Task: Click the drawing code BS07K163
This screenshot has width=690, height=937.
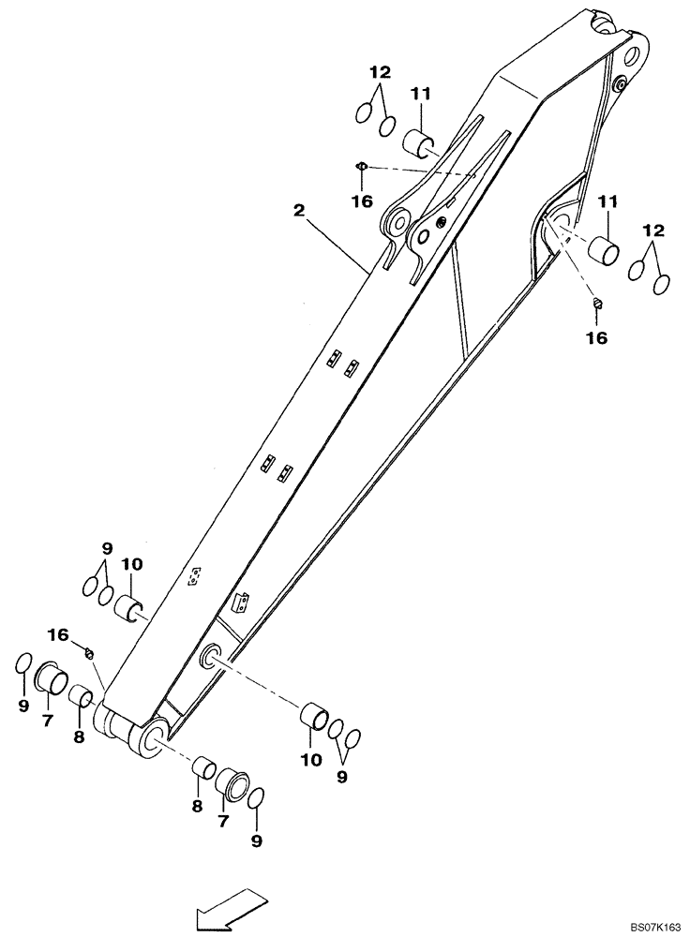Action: tap(653, 925)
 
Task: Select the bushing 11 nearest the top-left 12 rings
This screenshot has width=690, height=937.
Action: tap(419, 145)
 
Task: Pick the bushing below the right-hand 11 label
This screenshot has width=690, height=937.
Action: tap(604, 252)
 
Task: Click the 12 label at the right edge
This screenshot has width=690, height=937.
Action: tap(653, 230)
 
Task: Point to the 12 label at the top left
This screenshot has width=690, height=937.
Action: tap(380, 72)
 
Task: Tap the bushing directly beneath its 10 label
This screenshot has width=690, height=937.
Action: tap(129, 608)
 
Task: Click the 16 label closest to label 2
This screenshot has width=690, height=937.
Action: tap(362, 201)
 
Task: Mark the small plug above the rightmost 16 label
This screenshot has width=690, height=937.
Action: tap(596, 302)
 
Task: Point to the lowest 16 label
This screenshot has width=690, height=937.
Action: tap(58, 635)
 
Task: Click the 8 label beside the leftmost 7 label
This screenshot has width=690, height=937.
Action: tap(79, 736)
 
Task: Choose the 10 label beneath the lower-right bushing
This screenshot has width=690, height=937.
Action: tap(310, 759)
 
